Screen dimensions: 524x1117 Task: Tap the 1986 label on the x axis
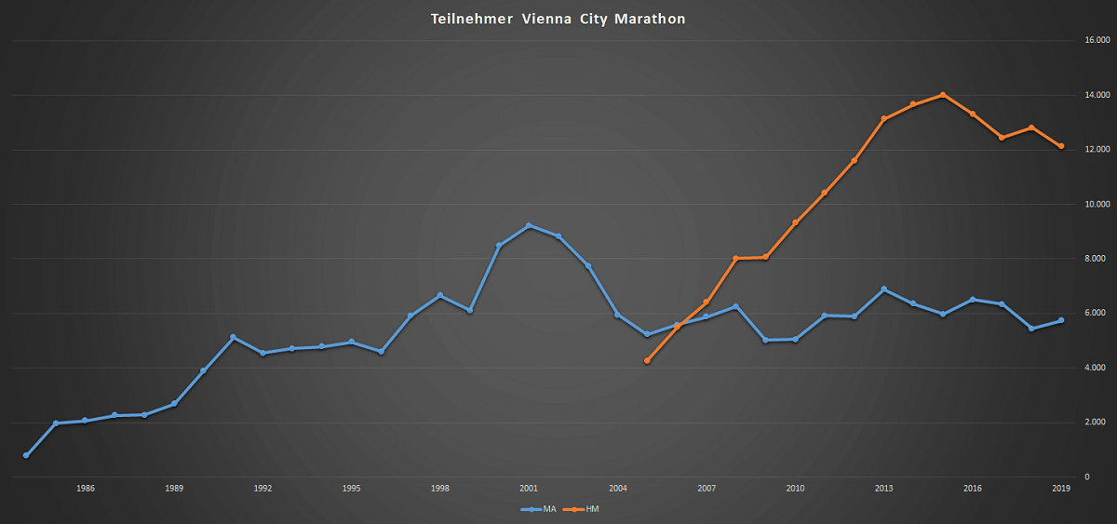click(86, 488)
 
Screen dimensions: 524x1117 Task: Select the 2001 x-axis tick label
click(529, 488)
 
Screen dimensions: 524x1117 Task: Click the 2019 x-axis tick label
click(1060, 488)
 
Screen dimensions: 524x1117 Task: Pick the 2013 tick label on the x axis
click(883, 488)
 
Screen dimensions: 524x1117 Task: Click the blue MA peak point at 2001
click(529, 225)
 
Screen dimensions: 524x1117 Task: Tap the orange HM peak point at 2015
click(943, 95)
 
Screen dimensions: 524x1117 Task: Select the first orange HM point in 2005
click(647, 361)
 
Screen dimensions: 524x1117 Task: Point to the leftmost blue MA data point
click(26, 455)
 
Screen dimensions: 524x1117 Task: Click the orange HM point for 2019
click(1061, 146)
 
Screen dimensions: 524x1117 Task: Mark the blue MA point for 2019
click(1061, 320)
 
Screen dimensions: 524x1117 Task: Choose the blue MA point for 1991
click(234, 337)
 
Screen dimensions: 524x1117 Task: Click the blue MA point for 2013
click(883, 289)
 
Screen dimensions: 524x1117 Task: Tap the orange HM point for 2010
click(795, 222)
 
